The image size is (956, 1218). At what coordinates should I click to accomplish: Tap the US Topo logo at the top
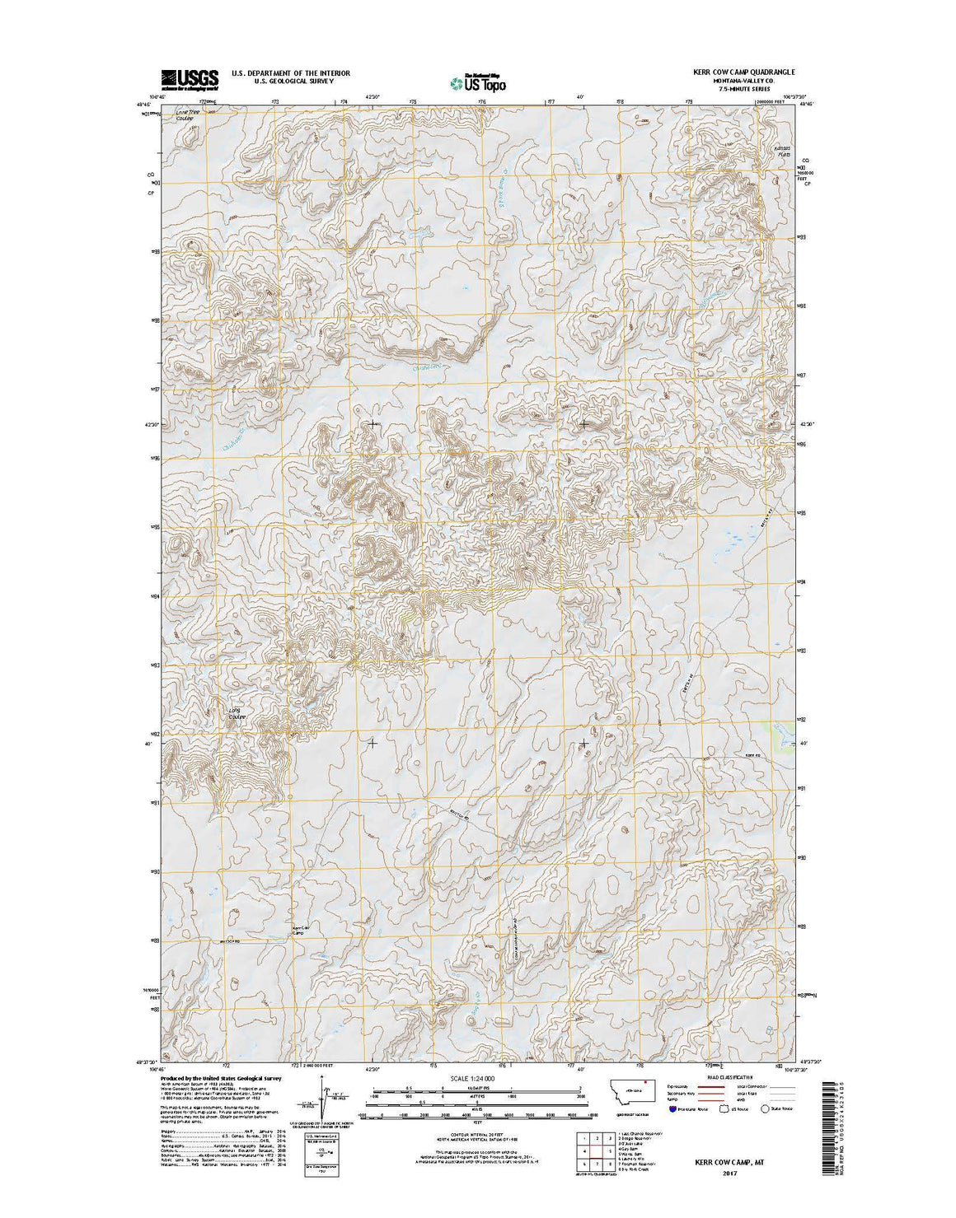pyautogui.click(x=478, y=82)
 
